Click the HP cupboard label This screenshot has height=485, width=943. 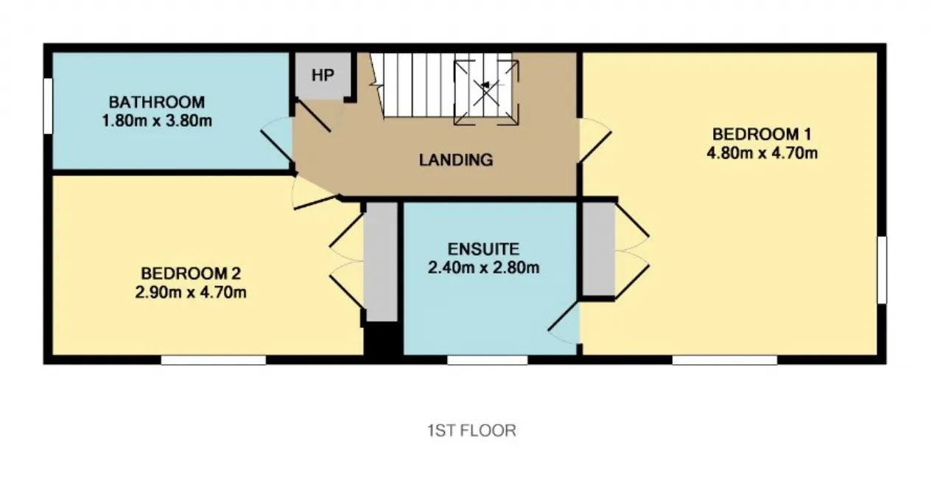(x=323, y=75)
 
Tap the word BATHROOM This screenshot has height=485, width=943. (x=157, y=102)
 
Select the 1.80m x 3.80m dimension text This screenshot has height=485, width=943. (x=157, y=121)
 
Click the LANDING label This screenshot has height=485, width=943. (x=456, y=160)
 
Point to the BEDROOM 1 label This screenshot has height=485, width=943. (x=762, y=134)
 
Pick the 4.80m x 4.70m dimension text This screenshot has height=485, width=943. (x=762, y=153)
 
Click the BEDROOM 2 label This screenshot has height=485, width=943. (x=191, y=273)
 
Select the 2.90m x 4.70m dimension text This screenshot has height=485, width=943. (x=191, y=292)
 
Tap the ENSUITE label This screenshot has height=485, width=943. (x=483, y=249)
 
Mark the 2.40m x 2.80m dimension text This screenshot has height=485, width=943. (x=483, y=268)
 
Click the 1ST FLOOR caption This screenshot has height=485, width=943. (x=471, y=430)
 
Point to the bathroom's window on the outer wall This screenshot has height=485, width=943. (x=48, y=106)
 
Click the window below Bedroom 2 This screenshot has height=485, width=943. (x=214, y=360)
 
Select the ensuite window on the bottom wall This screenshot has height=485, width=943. (x=487, y=360)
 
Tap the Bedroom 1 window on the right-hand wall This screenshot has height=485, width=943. (x=882, y=270)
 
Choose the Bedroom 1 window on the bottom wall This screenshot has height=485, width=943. (x=724, y=360)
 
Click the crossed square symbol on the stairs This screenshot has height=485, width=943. (x=485, y=93)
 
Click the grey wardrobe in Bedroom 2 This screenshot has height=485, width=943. (x=381, y=262)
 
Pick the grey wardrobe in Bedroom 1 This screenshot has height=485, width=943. (x=599, y=249)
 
